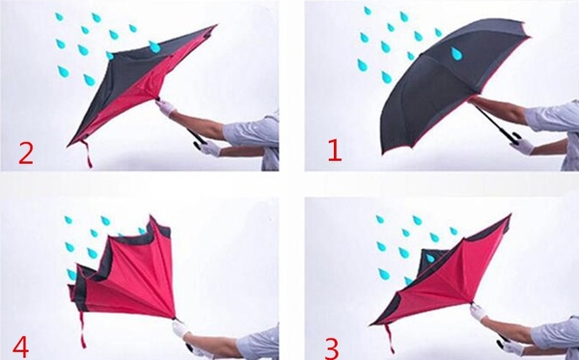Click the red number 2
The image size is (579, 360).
(x=25, y=152)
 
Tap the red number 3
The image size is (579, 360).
(x=332, y=348)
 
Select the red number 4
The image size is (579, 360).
(x=20, y=346)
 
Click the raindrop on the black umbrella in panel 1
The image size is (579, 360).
(x=456, y=53)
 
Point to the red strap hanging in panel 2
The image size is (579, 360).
(x=87, y=153)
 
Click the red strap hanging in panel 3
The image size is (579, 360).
(x=389, y=339)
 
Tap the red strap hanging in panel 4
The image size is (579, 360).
(x=82, y=330)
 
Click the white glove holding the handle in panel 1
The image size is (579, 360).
(x=522, y=146)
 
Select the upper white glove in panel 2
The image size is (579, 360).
(x=165, y=107)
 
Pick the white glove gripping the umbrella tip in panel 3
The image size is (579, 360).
(x=479, y=313)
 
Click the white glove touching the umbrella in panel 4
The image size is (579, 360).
(x=180, y=328)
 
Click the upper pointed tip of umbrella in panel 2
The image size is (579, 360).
(x=215, y=26)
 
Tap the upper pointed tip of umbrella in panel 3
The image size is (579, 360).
(x=510, y=215)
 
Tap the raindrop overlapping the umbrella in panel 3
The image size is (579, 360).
(x=430, y=258)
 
